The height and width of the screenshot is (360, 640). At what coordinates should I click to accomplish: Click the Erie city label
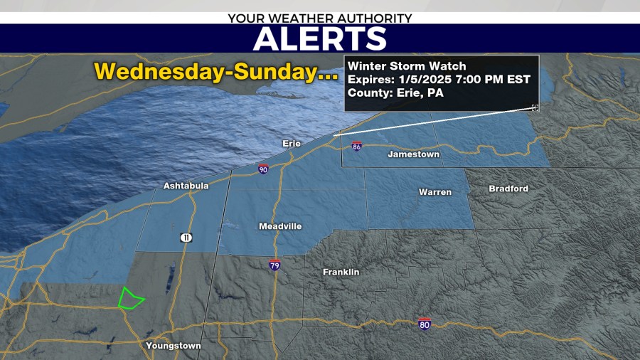click(292, 144)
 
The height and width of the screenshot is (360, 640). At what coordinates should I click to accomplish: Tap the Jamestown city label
click(413, 154)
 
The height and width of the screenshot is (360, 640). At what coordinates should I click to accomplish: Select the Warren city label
click(434, 192)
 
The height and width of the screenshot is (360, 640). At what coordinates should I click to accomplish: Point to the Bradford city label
click(508, 189)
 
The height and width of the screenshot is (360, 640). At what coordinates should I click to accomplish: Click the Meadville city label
click(279, 226)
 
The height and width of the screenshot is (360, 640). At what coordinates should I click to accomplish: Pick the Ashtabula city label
click(186, 186)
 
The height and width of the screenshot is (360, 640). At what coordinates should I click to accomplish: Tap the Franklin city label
click(341, 272)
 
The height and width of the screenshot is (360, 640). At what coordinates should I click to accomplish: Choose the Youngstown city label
click(173, 346)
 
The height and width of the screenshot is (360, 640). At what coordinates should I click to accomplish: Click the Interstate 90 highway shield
click(263, 169)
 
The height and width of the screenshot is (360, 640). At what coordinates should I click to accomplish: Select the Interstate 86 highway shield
click(356, 147)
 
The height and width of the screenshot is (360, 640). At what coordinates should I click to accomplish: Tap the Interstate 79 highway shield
click(274, 265)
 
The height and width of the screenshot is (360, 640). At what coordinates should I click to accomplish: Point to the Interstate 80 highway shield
click(425, 324)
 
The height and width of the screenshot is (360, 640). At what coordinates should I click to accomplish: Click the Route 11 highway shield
click(186, 238)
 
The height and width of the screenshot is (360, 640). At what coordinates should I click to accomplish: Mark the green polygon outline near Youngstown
click(130, 299)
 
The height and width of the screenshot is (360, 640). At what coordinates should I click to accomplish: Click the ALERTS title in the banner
click(319, 38)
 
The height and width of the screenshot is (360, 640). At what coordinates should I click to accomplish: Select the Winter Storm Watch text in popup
click(407, 66)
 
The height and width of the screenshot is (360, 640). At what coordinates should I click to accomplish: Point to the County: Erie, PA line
click(395, 92)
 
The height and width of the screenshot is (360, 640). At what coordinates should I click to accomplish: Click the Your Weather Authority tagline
click(319, 17)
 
